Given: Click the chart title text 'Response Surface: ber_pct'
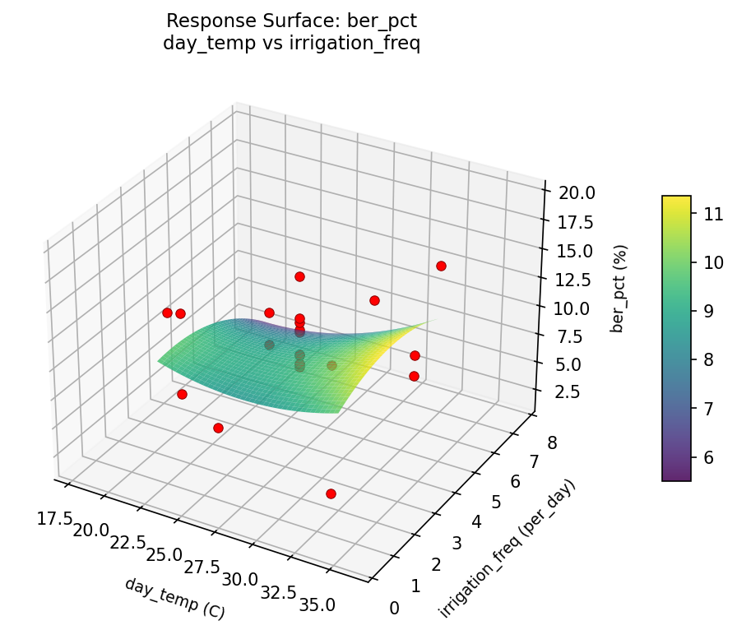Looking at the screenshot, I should pyautogui.click(x=291, y=21).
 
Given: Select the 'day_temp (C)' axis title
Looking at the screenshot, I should pyautogui.click(x=174, y=598).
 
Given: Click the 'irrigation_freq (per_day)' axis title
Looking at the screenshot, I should pyautogui.click(x=507, y=548).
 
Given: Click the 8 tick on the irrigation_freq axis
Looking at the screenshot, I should pyautogui.click(x=550, y=443).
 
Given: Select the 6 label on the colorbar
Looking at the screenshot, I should pyautogui.click(x=707, y=456).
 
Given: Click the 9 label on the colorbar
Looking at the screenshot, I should pyautogui.click(x=707, y=311).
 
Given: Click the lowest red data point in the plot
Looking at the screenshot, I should pyautogui.click(x=331, y=493).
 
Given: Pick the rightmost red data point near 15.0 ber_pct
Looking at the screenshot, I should pyautogui.click(x=441, y=266).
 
